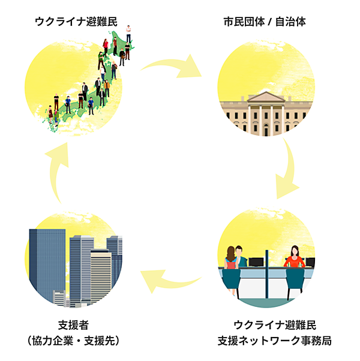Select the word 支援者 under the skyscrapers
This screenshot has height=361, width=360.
pyautogui.click(x=74, y=326)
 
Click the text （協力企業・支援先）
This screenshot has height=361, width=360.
pyautogui.click(x=74, y=341)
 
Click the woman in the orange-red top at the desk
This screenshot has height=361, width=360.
pyautogui.click(x=294, y=258)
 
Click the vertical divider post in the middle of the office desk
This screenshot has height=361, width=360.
pyautogui.click(x=269, y=282)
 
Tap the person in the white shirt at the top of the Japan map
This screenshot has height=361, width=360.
pyautogui.click(x=128, y=33)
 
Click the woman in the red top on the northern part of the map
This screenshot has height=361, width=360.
pyautogui.click(x=106, y=45)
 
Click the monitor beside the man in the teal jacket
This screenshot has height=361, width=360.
pyautogui.click(x=256, y=262)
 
